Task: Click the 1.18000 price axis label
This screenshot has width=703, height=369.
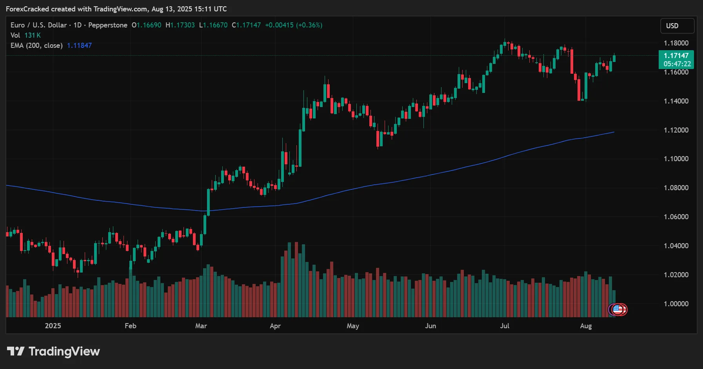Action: point(676,43)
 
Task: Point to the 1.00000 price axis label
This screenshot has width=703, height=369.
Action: point(676,304)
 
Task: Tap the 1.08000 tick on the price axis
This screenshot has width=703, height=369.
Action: point(676,188)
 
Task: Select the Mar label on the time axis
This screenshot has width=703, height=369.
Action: point(201,326)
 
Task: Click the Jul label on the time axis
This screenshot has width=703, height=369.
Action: point(505,326)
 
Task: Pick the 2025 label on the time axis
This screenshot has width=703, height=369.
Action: point(53,326)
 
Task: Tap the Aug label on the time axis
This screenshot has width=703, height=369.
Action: point(586,326)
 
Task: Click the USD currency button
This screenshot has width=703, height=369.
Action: point(677,26)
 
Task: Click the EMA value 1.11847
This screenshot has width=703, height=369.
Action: point(79,45)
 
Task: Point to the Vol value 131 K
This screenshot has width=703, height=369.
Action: point(33,35)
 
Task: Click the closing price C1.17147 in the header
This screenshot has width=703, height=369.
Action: point(246,25)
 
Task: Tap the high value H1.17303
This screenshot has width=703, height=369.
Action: point(180,25)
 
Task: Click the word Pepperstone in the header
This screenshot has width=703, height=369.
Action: point(108,25)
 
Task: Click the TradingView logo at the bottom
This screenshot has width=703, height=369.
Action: point(54,351)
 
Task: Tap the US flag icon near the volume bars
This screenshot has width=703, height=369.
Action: point(618,309)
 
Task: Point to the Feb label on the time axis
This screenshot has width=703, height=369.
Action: point(130,326)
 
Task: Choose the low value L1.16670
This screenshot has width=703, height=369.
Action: point(213,25)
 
